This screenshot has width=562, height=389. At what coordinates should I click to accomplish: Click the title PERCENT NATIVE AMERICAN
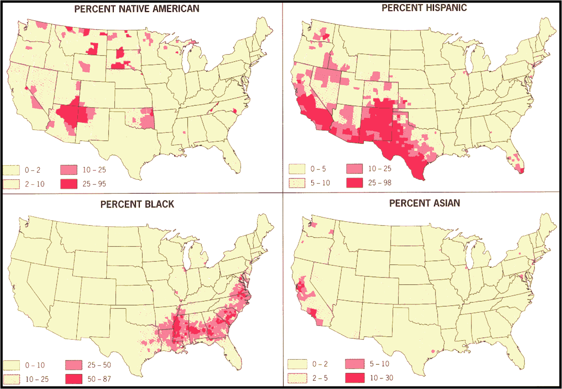(x=136, y=9)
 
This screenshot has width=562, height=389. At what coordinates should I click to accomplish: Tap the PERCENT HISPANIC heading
(x=424, y=8)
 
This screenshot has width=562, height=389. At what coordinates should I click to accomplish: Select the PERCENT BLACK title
(x=137, y=204)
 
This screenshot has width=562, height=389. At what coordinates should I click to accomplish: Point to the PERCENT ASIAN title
(x=424, y=203)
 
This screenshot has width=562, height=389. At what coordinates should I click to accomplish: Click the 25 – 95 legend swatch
(x=69, y=184)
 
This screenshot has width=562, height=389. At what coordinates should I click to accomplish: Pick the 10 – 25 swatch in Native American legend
(x=69, y=170)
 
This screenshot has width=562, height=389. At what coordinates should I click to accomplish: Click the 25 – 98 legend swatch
(x=355, y=183)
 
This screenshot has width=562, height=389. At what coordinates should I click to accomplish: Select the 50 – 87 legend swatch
(x=74, y=379)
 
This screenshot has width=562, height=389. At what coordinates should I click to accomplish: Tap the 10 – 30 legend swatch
(x=355, y=377)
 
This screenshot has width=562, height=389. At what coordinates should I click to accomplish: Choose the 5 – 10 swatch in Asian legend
(x=355, y=364)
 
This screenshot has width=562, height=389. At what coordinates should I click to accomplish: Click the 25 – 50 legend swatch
(x=74, y=365)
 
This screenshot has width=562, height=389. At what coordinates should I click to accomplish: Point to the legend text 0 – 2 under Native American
(x=33, y=170)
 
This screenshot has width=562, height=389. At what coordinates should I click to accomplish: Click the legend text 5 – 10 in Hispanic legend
(x=320, y=183)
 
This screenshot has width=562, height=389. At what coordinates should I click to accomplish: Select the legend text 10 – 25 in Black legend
(x=37, y=379)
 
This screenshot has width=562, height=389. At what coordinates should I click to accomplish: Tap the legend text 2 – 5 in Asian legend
(x=320, y=378)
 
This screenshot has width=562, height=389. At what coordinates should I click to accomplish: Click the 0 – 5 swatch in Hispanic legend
(x=297, y=169)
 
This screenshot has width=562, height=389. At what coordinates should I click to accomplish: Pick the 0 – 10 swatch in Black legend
(x=12, y=365)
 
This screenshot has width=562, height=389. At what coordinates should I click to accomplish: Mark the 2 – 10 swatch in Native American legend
(x=12, y=184)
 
